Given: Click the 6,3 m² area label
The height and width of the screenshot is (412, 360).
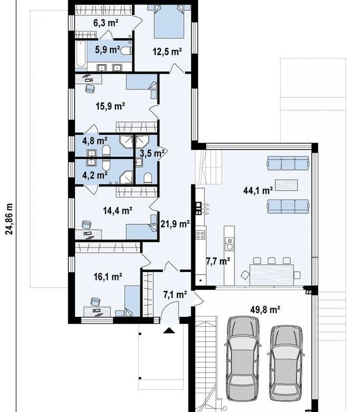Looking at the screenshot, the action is (106, 23).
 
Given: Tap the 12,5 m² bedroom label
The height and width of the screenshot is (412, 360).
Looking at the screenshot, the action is (167, 52).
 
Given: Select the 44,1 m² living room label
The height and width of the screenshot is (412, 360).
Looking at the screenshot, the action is (258, 190).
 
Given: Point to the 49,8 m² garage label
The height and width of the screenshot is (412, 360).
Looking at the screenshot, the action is (265, 310).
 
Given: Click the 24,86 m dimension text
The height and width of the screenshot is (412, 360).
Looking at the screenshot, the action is (9, 219).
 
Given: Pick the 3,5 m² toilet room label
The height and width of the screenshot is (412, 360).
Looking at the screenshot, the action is (152, 153).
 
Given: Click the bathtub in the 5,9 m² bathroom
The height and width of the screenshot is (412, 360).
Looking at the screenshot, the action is (81, 54).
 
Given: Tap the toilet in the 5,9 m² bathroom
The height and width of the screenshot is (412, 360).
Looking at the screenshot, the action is (126, 51).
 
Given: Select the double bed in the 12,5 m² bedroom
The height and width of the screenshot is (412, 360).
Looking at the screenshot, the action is (168, 21).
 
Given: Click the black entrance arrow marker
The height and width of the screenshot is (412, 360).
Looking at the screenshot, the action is (169, 330).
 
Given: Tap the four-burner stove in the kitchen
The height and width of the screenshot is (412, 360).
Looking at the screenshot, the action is (201, 235).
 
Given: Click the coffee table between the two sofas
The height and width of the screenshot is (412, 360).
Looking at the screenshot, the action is (286, 185).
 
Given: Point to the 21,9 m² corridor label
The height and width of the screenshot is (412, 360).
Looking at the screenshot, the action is (175, 224).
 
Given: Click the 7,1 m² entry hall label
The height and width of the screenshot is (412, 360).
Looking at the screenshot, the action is (175, 295).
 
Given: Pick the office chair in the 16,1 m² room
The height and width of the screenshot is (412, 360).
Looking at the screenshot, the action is (96, 302).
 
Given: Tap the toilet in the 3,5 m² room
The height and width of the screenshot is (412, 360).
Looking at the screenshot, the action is (148, 178).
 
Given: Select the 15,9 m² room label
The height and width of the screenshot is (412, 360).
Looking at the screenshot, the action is (110, 106).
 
